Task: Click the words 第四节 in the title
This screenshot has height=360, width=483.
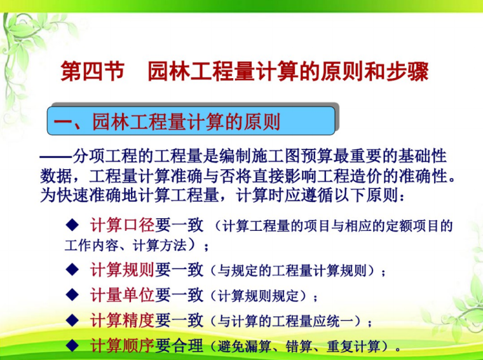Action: pos(92,72)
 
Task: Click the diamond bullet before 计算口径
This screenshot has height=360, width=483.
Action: pos(72,225)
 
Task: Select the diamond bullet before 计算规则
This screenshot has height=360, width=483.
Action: pos(72,270)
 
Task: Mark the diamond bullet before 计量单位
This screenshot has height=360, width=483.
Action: pos(72,294)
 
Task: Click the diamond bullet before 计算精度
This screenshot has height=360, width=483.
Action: pos(72,319)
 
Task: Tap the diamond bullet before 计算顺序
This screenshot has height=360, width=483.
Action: pos(72,345)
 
